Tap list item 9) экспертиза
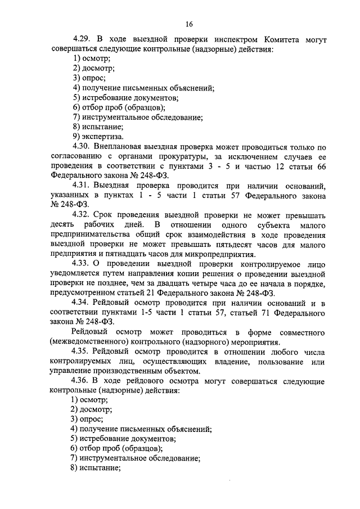pos(98,136)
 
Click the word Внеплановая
pos(120,146)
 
